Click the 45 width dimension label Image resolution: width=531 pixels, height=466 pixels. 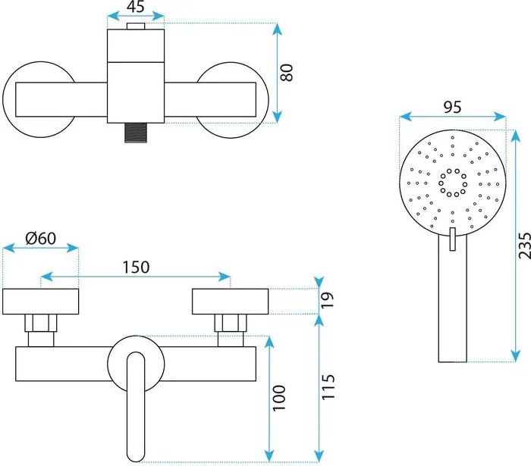coord(136,7)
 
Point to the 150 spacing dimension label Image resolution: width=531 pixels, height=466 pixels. coord(135,267)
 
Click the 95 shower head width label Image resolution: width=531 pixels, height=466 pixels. coord(452,107)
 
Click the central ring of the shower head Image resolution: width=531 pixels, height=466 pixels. coord(452,183)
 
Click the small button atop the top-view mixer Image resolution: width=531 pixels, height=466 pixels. coord(136,28)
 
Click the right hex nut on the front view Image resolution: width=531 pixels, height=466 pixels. coord(231,324)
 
